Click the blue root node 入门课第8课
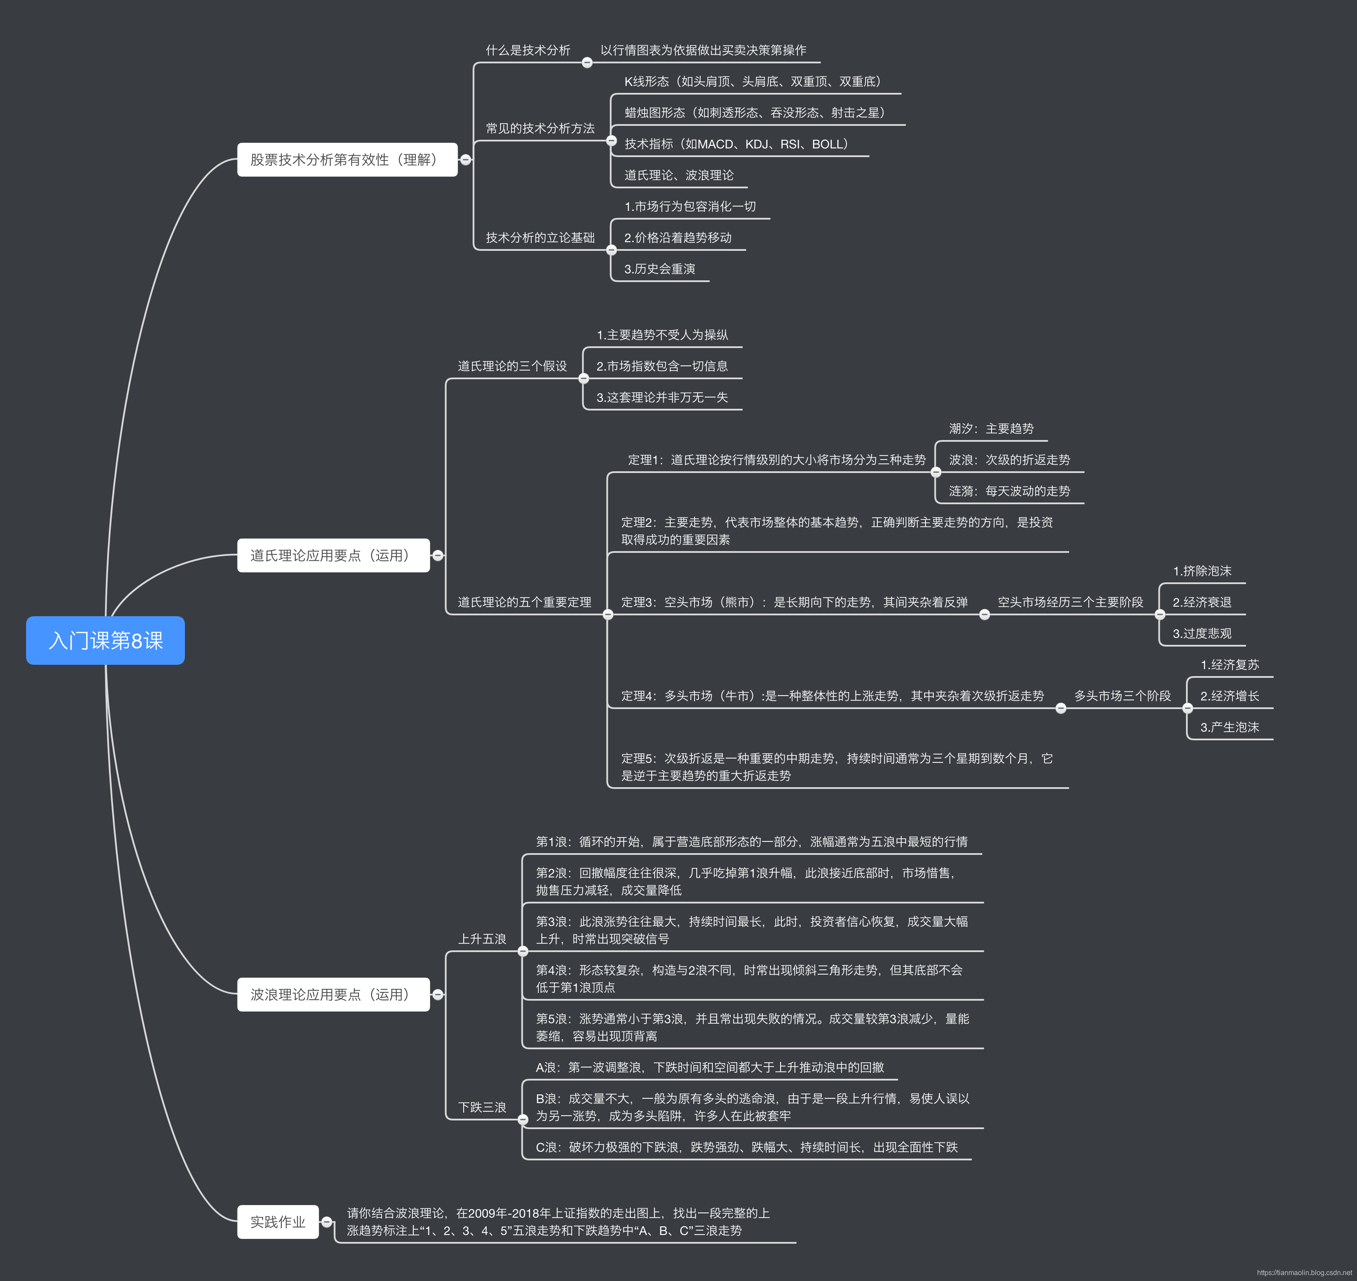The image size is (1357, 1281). [105, 640]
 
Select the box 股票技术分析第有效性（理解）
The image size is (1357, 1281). [347, 160]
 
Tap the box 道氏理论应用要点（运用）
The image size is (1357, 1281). [333, 555]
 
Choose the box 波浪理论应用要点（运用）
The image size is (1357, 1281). [333, 994]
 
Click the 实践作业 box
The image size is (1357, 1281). [277, 1222]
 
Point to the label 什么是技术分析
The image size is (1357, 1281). [527, 50]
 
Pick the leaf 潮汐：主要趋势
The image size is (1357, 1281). [991, 429]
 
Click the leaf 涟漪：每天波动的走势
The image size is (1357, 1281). [1009, 491]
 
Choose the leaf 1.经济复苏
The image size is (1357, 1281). [1229, 664]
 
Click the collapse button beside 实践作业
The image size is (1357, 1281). [327, 1222]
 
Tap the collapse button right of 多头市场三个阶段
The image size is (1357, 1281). [1188, 708]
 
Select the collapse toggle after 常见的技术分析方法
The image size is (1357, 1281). [611, 141]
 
